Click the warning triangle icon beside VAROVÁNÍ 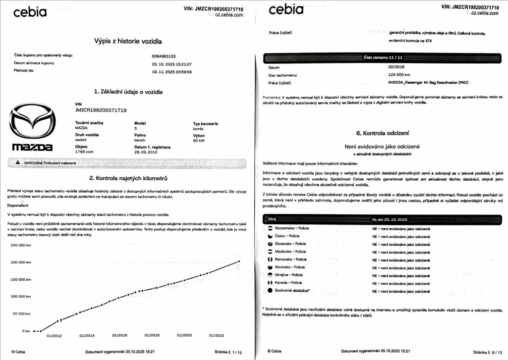[18, 163]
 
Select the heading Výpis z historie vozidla [128, 41]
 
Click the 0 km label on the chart [26, 331]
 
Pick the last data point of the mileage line [239, 261]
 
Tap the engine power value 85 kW [200, 140]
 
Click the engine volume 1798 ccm [84, 153]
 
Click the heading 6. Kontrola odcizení [383, 133]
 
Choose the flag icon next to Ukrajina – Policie [270, 275]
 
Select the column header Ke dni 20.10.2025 [390, 219]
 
